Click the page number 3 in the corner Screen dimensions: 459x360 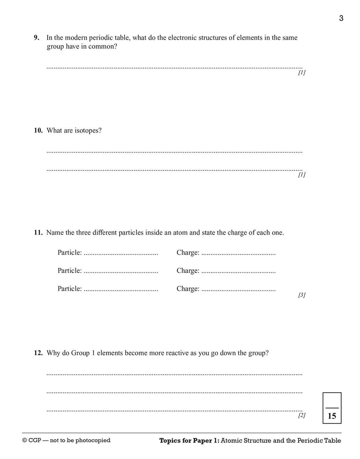[341, 18]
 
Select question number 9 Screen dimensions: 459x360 [36, 38]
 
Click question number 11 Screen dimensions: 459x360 [38, 233]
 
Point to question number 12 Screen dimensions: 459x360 [38, 353]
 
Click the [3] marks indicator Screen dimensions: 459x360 [302, 295]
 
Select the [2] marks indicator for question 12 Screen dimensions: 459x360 [302, 415]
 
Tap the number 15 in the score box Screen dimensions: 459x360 [332, 416]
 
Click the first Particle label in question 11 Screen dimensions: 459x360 [70, 252]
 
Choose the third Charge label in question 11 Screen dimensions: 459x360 [188, 289]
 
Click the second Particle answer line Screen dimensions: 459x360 [121, 272]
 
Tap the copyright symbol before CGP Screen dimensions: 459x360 [24, 440]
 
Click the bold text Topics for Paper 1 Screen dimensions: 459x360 [189, 440]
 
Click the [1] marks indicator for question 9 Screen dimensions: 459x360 [302, 73]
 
